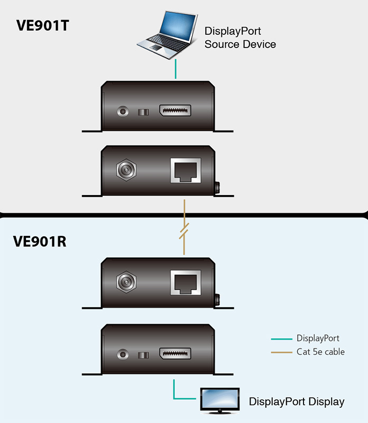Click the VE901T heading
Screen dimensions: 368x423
[x=43, y=25]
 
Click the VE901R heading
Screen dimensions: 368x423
[x=40, y=242]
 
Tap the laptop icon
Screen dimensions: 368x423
[x=167, y=34]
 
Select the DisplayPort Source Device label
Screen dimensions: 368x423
[x=240, y=38]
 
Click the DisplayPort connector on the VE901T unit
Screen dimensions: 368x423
[x=175, y=111]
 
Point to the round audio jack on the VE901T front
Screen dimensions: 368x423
[x=123, y=111]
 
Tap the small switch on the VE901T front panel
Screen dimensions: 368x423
[x=143, y=112]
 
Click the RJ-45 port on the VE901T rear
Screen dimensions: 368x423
[x=186, y=170]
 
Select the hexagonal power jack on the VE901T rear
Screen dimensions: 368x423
[x=126, y=170]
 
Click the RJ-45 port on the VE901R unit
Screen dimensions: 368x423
[x=186, y=282]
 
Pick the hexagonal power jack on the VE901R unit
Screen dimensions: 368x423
[x=126, y=282]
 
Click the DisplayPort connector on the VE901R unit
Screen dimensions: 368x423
[x=175, y=354]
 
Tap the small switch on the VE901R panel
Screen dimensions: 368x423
[x=143, y=355]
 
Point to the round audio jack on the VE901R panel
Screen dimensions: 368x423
[x=123, y=354]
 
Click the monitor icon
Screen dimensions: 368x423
[x=220, y=401]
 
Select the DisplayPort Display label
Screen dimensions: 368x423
[x=297, y=402]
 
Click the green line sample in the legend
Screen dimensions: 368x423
[x=282, y=339]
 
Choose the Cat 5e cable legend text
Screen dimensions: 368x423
[x=320, y=352]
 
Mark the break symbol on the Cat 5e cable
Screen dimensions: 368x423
[x=184, y=231]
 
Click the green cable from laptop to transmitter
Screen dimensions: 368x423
[x=176, y=69]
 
